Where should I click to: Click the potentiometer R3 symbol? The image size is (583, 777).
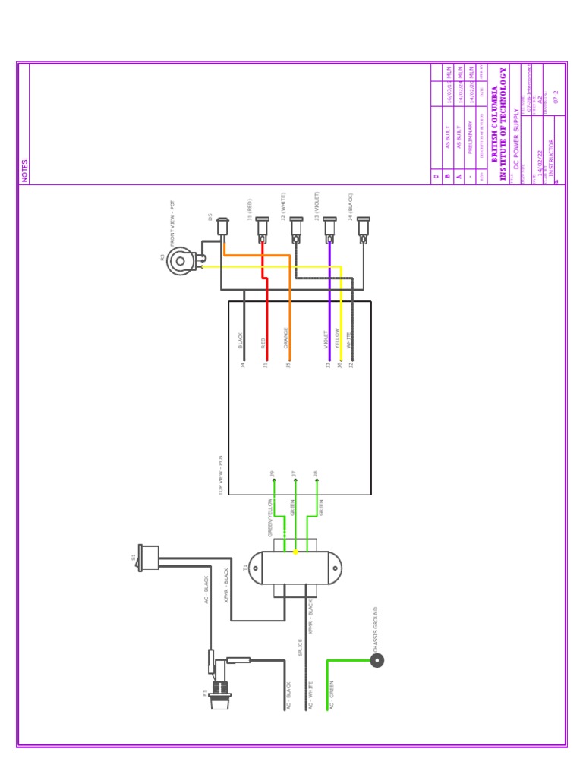click(x=181, y=261)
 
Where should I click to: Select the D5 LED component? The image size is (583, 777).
click(x=222, y=227)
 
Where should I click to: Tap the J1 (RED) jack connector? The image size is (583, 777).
click(x=262, y=228)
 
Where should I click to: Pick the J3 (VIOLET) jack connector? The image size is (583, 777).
click(x=329, y=228)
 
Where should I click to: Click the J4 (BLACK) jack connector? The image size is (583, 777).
click(x=364, y=228)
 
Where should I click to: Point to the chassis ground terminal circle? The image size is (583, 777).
click(x=377, y=660)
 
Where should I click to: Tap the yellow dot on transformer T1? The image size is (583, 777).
click(x=295, y=552)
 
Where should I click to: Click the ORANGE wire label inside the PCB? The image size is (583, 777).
click(x=286, y=338)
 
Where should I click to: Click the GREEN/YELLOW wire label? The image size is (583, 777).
click(x=270, y=517)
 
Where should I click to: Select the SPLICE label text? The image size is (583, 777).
click(x=301, y=647)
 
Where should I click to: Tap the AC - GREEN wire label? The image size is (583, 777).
click(x=332, y=695)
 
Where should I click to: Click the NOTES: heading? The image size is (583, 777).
click(x=24, y=170)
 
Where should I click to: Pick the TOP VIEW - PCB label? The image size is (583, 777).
click(x=222, y=476)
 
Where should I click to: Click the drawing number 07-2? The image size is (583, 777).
click(x=556, y=96)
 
